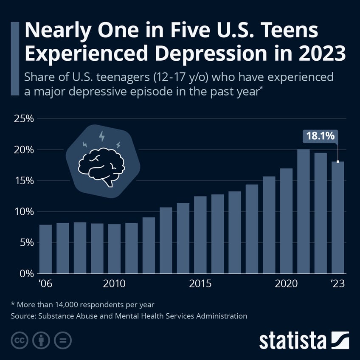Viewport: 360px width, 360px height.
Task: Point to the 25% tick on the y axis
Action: (x=24, y=119)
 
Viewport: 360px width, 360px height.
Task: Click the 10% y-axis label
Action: (x=24, y=212)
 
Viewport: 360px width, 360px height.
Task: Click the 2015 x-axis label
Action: (x=200, y=284)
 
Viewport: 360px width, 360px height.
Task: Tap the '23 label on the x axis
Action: (x=339, y=284)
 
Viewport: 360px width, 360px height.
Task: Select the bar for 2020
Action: (x=286, y=221)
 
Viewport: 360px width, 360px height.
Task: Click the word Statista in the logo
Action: (x=293, y=341)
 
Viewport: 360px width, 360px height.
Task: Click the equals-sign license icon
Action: (x=63, y=340)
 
